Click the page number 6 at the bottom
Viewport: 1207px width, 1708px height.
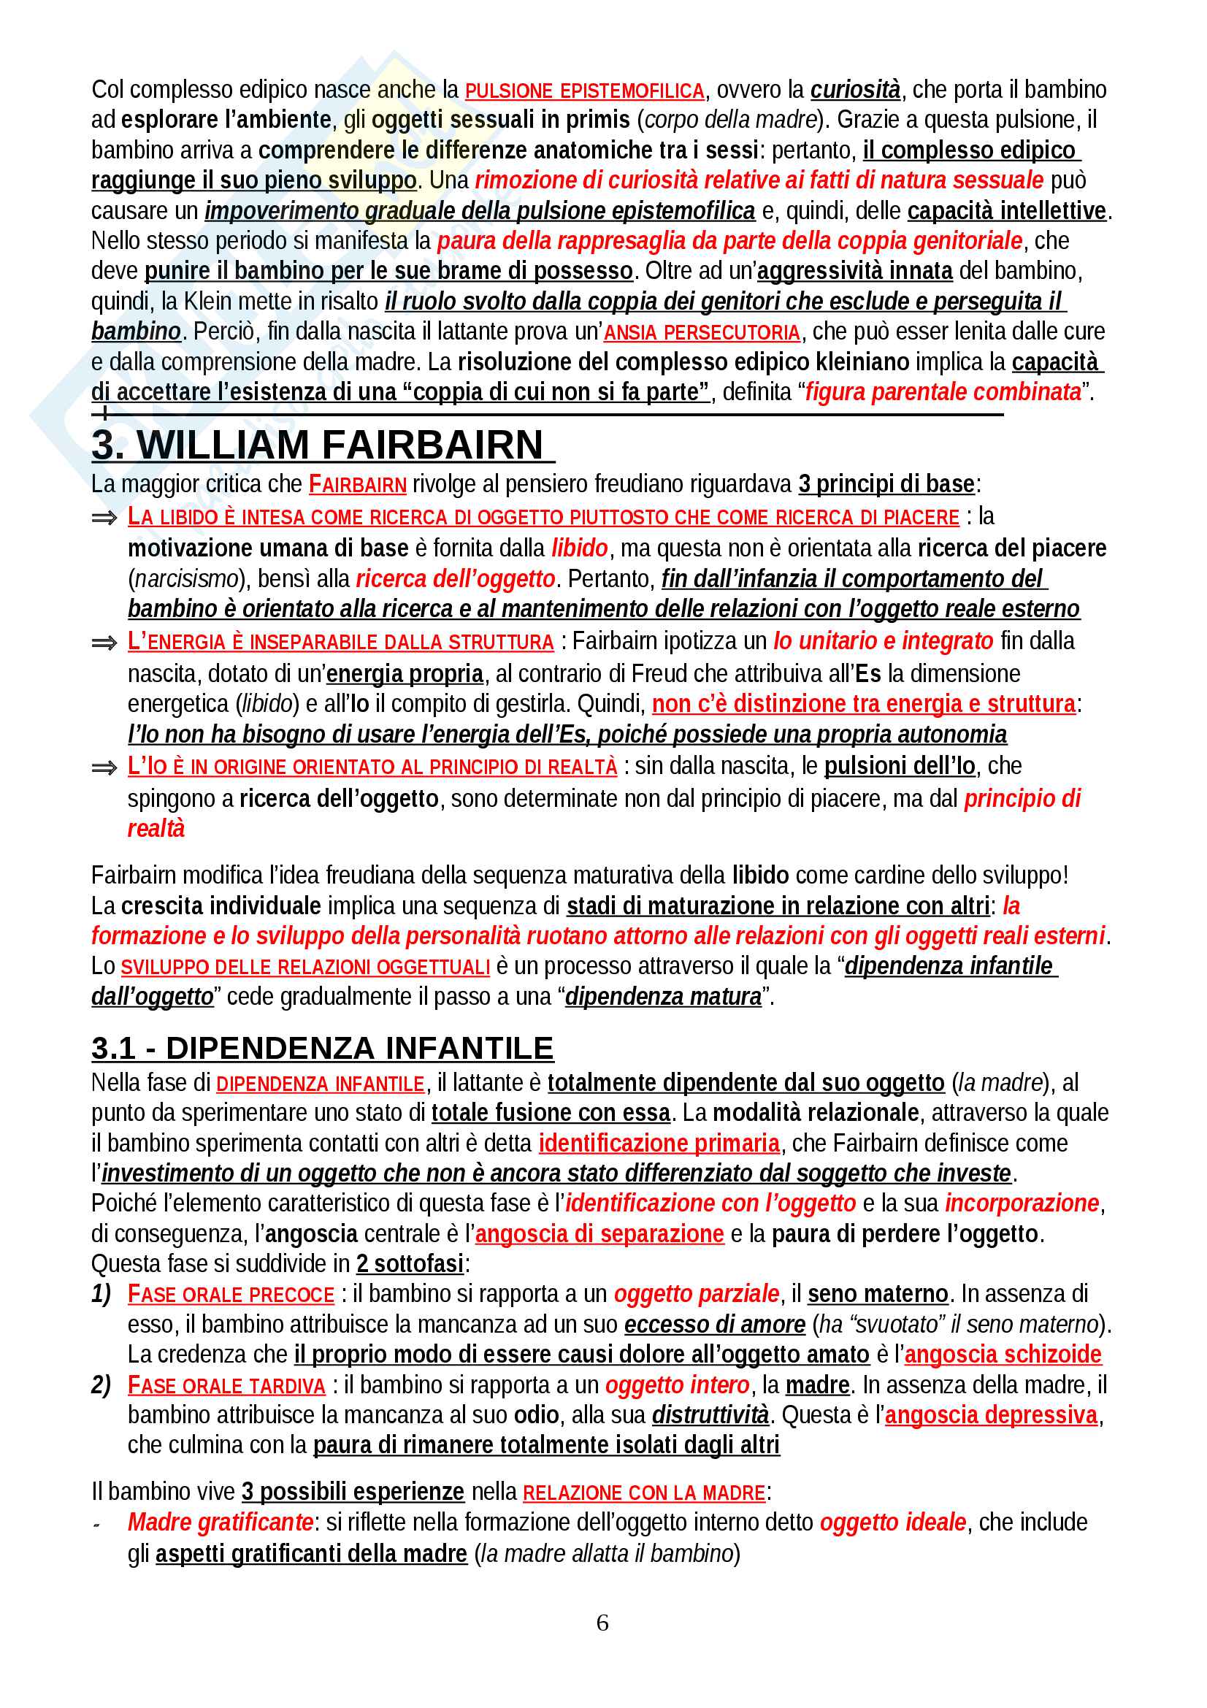602,1623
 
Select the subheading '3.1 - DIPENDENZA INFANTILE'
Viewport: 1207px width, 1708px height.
322,1048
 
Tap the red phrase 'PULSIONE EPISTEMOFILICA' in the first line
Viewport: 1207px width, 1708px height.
585,91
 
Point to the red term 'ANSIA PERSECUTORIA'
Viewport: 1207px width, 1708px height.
701,332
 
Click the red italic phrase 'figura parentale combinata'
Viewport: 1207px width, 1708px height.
942,391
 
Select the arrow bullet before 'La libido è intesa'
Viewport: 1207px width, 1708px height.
104,518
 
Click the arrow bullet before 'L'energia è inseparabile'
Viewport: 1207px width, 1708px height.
104,643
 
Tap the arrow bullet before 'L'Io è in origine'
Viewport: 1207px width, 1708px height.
104,767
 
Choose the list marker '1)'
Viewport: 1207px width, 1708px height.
101,1294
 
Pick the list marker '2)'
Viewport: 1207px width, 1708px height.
101,1385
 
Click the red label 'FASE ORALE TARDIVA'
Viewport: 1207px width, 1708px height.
226,1386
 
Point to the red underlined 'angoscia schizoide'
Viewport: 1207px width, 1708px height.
1002,1354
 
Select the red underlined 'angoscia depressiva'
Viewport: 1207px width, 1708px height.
991,1415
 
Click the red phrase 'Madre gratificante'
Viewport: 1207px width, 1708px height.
220,1522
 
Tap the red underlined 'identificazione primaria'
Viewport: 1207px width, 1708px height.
659,1143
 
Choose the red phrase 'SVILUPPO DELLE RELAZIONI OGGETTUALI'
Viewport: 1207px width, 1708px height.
305,967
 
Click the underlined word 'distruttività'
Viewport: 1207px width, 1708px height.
710,1415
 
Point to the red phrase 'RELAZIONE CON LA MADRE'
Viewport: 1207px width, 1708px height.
643,1493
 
